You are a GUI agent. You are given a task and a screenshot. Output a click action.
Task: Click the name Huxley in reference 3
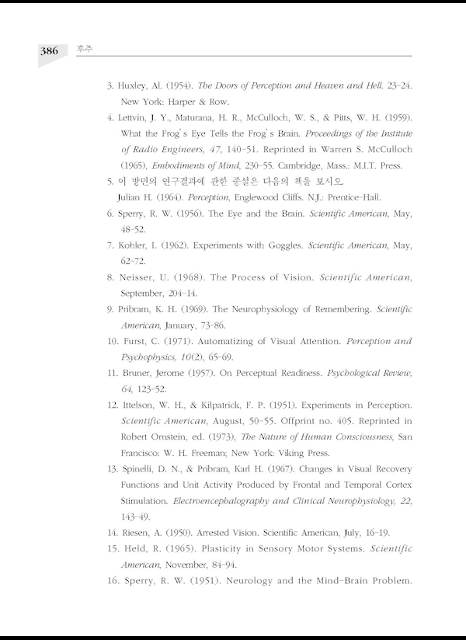135,84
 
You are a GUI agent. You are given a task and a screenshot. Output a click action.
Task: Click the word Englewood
255,197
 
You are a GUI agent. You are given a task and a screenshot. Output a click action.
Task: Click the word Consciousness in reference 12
356,437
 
